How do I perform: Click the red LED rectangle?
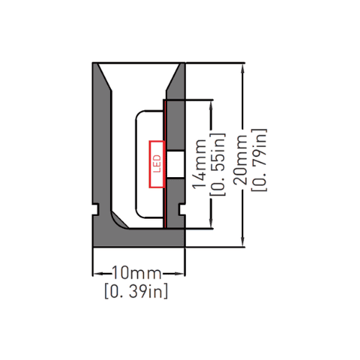[157, 164]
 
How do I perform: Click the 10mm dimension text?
[137, 273]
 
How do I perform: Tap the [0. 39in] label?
[136, 291]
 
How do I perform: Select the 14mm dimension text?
[199, 164]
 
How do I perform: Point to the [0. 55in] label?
[218, 164]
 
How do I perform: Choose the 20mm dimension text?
[240, 160]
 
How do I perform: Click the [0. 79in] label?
[259, 160]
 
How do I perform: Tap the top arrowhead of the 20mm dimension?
[243, 68]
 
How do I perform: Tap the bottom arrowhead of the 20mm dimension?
[243, 241]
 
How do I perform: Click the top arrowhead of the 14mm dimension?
[211, 105]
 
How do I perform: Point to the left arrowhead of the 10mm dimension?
[99, 274]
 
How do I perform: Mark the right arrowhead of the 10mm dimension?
[179, 274]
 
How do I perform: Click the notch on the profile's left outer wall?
[95, 210]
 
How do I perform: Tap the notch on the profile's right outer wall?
[183, 210]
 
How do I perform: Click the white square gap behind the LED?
[175, 164]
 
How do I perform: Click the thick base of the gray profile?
[139, 238]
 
